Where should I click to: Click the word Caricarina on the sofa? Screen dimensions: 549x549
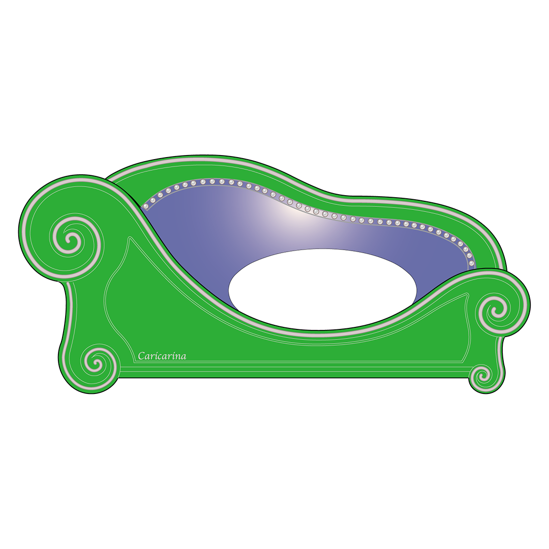click(162, 356)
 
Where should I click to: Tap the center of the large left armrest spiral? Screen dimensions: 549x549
click(73, 240)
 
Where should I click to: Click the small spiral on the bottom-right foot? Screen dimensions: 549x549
click(482, 377)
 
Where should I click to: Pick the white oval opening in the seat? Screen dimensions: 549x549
click(322, 289)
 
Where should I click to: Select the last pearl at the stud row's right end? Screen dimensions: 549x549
click(471, 263)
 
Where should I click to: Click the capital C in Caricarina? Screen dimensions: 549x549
click(141, 356)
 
